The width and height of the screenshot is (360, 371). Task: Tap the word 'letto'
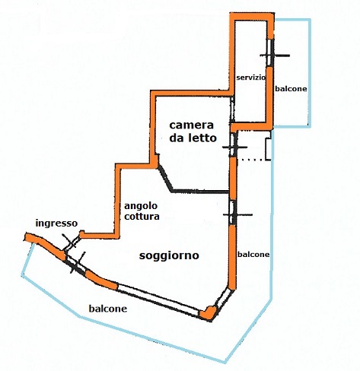click(x=201, y=138)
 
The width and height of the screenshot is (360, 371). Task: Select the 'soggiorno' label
click(x=169, y=255)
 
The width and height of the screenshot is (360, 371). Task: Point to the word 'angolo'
click(x=141, y=206)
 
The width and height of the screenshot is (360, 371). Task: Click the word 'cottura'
click(x=142, y=217)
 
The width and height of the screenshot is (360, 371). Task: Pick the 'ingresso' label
click(x=56, y=224)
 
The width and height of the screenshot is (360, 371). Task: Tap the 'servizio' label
click(x=250, y=78)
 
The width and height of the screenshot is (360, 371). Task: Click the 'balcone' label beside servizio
click(x=291, y=89)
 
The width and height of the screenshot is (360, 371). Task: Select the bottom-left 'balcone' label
click(x=108, y=309)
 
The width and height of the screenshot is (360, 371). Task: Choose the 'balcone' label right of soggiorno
click(x=253, y=254)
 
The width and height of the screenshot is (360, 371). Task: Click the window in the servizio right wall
click(x=270, y=52)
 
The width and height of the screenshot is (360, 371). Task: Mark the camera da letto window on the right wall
click(x=234, y=144)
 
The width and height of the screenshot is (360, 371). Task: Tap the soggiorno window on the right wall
click(x=233, y=213)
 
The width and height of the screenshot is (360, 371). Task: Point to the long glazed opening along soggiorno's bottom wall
click(x=158, y=300)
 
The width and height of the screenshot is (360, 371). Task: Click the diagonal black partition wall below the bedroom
click(x=166, y=179)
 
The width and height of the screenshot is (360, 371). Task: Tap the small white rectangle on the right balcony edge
click(x=269, y=149)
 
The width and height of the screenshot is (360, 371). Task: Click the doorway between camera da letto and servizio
click(x=232, y=109)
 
